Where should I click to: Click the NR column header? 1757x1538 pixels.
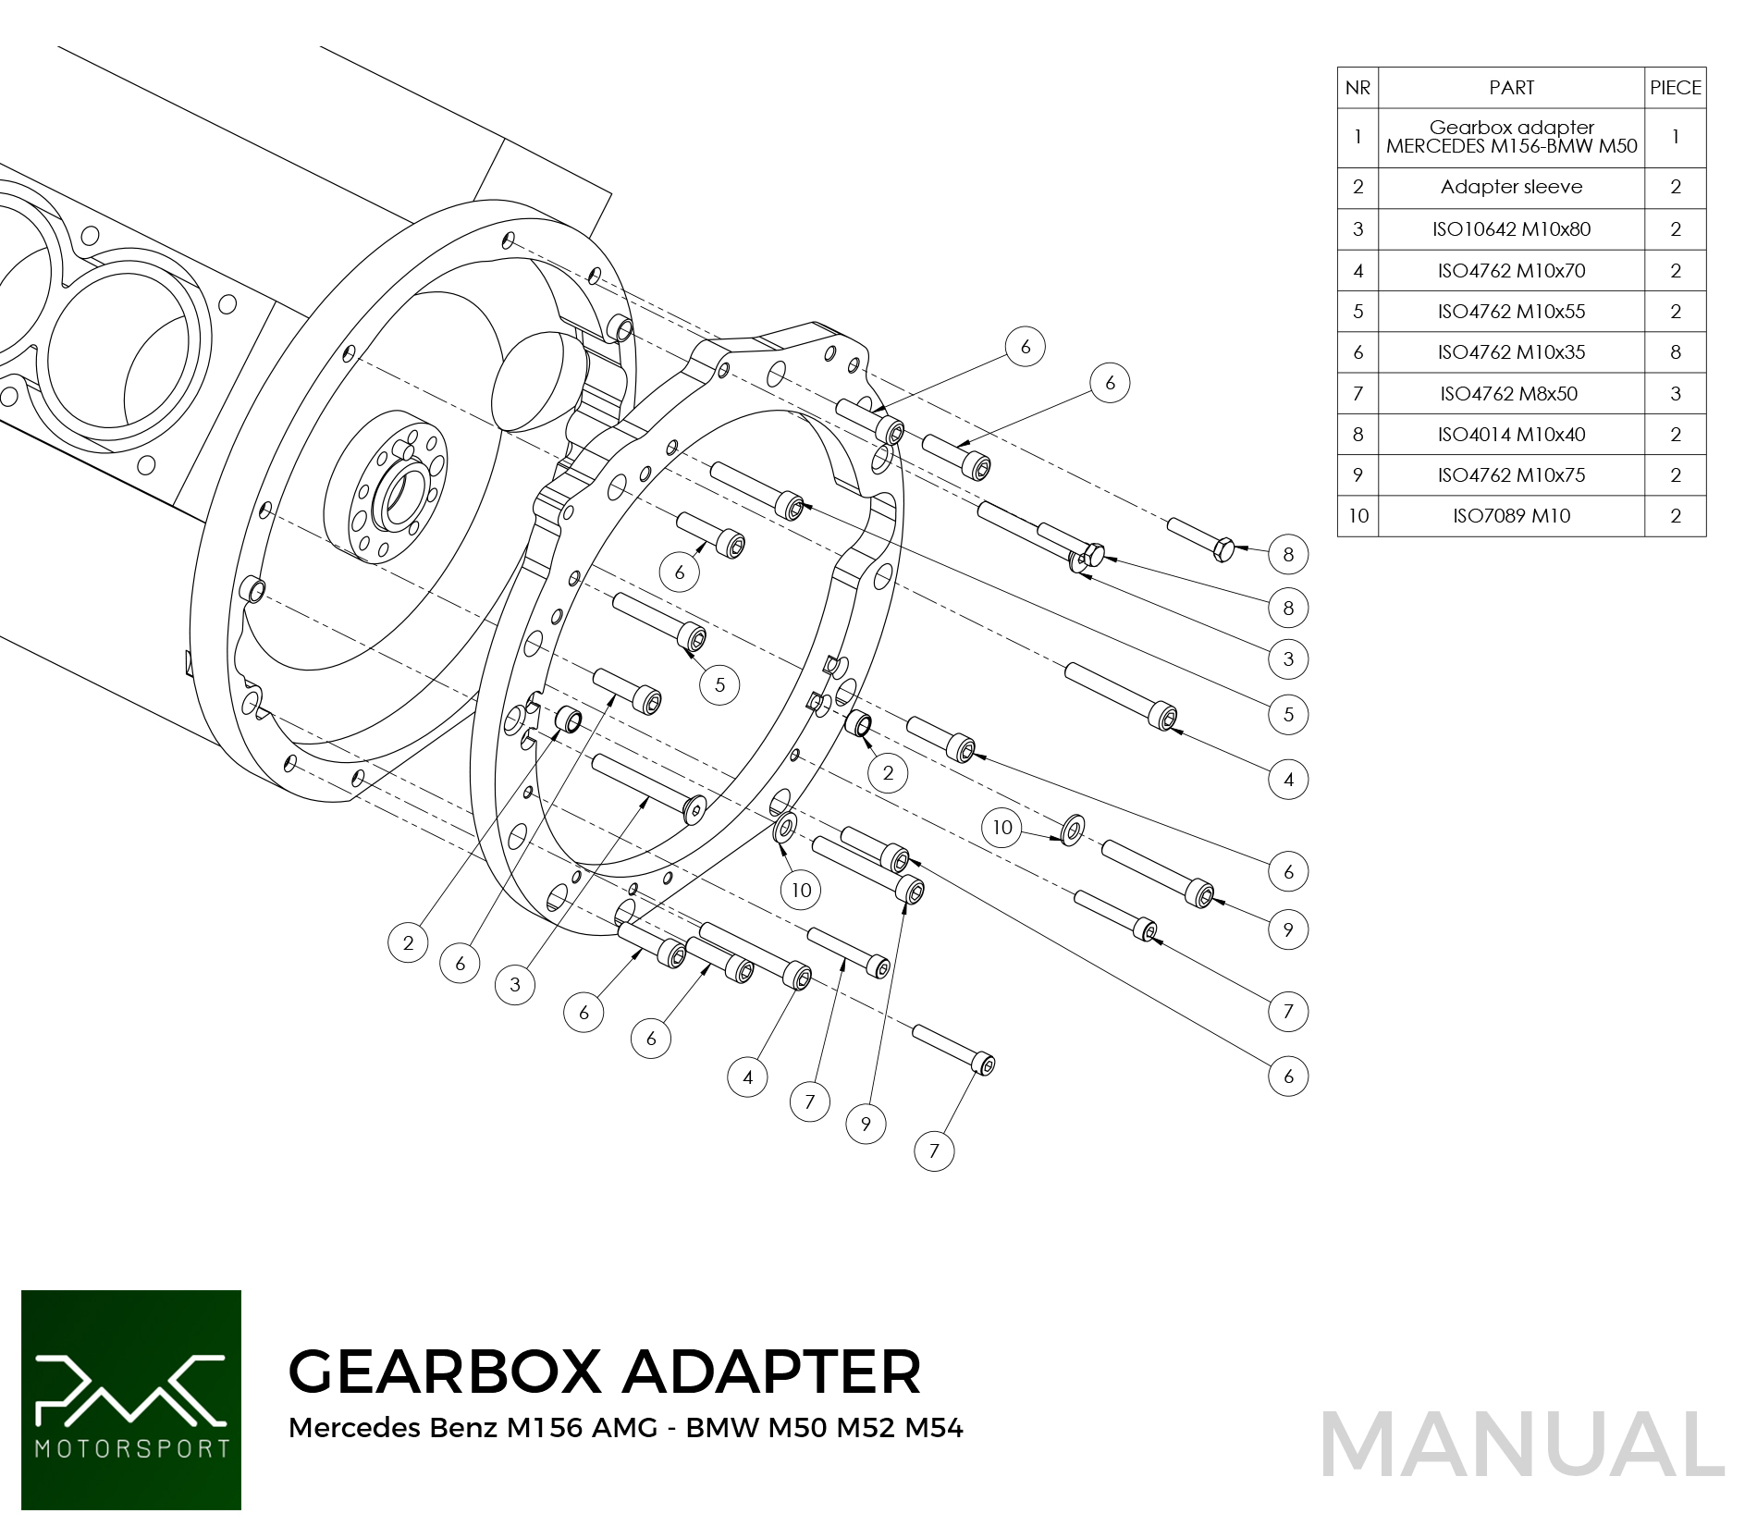pos(1358,88)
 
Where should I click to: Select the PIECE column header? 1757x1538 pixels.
pos(1675,88)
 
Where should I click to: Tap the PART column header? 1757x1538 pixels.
pos(1511,88)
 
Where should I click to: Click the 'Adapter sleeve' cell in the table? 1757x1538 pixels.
pos(1511,187)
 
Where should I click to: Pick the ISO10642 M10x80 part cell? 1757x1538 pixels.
pos(1511,229)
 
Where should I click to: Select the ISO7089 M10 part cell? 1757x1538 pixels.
pos(1511,516)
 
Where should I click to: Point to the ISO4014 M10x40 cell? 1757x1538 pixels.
pos(1511,435)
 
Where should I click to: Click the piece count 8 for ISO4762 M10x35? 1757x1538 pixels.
pos(1675,352)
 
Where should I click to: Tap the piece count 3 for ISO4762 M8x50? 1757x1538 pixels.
pos(1675,394)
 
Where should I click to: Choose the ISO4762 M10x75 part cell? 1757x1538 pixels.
pos(1511,475)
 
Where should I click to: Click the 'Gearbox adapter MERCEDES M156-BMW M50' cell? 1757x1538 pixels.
pos(1511,137)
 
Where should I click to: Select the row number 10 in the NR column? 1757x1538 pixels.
pos(1358,516)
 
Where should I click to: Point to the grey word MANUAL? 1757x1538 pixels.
pos(1522,1445)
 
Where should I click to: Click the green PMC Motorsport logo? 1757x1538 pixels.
pos(131,1400)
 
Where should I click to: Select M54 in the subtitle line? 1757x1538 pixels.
pos(934,1428)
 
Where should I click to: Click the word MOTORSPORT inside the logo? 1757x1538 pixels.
pos(131,1448)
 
